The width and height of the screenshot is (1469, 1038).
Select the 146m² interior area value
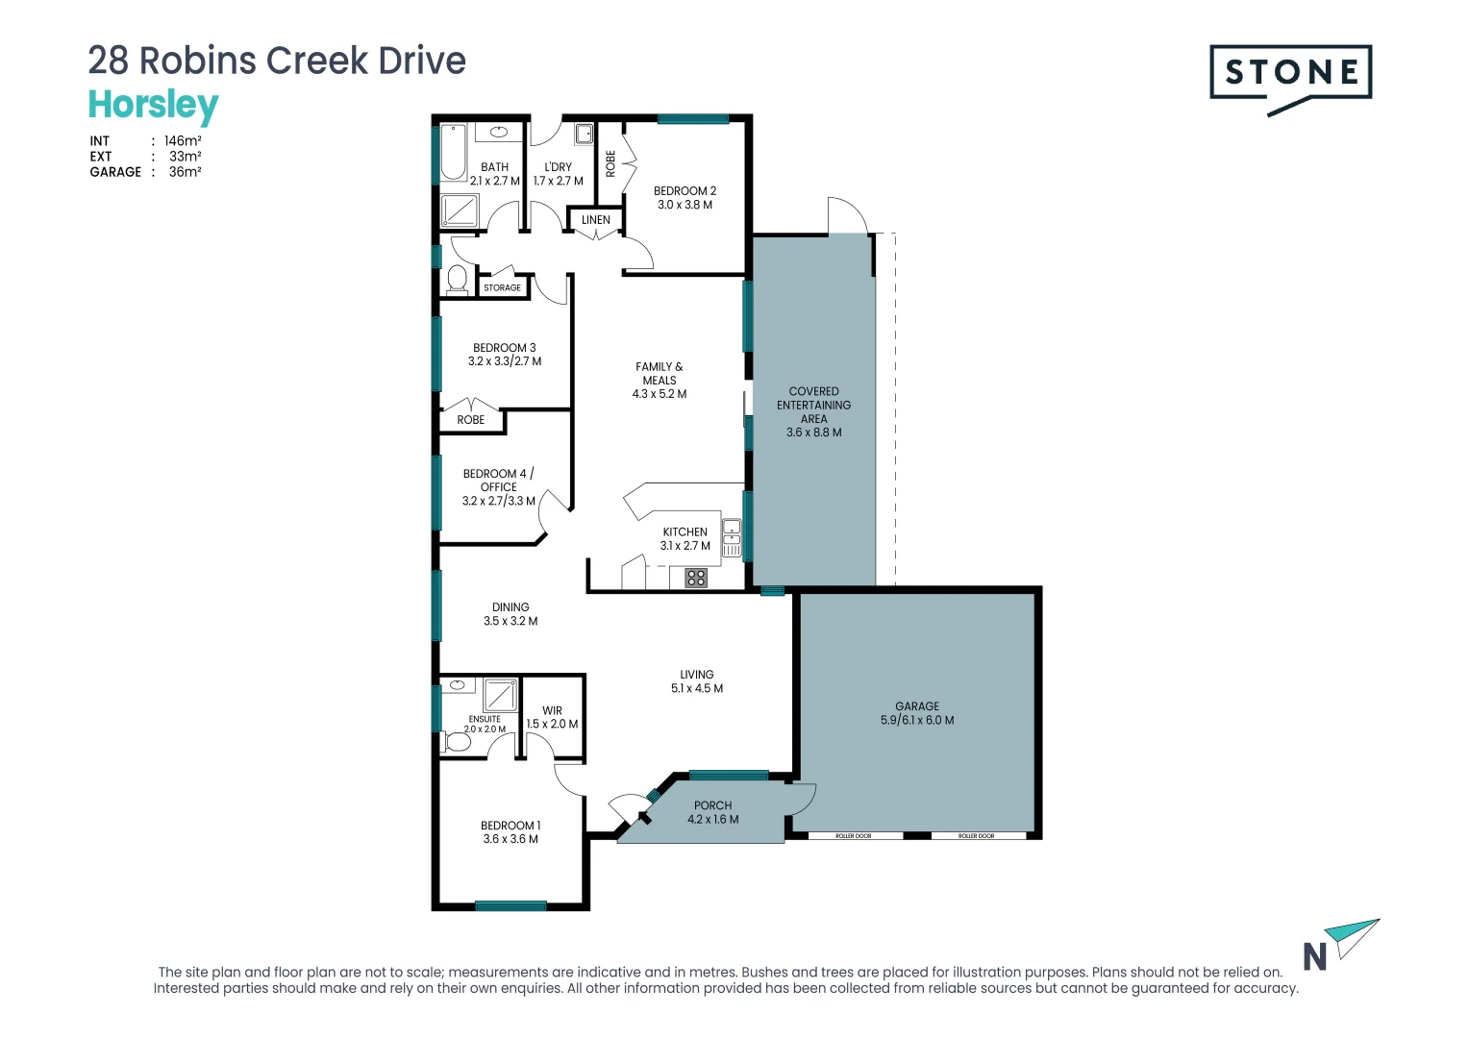pyautogui.click(x=183, y=141)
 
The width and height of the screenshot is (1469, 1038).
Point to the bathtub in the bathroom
pyautogui.click(x=453, y=152)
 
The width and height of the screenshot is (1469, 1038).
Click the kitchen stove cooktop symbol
pyautogui.click(x=696, y=578)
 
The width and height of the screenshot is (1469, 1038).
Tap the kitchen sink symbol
pyautogui.click(x=732, y=537)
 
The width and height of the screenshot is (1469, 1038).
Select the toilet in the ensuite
pyautogui.click(x=457, y=742)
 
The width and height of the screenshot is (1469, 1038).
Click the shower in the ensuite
pyautogui.click(x=500, y=695)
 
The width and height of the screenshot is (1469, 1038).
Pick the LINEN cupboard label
pyautogui.click(x=595, y=220)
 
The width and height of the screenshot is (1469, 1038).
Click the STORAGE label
pyautogui.click(x=503, y=288)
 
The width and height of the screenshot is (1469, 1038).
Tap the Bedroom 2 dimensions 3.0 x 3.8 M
pyautogui.click(x=685, y=205)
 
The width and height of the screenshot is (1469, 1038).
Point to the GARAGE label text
pyautogui.click(x=917, y=706)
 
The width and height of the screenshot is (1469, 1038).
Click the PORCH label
pyautogui.click(x=712, y=805)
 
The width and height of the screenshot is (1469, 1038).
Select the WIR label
pyautogui.click(x=552, y=710)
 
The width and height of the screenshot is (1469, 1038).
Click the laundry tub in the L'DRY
pyautogui.click(x=584, y=134)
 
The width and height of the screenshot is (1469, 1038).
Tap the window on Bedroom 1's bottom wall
pyautogui.click(x=510, y=906)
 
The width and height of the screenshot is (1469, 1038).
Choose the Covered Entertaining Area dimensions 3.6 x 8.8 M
pyautogui.click(x=814, y=432)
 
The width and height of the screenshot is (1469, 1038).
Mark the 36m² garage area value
pyautogui.click(x=185, y=172)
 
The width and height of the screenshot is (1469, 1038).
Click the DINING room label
pyautogui.click(x=510, y=607)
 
